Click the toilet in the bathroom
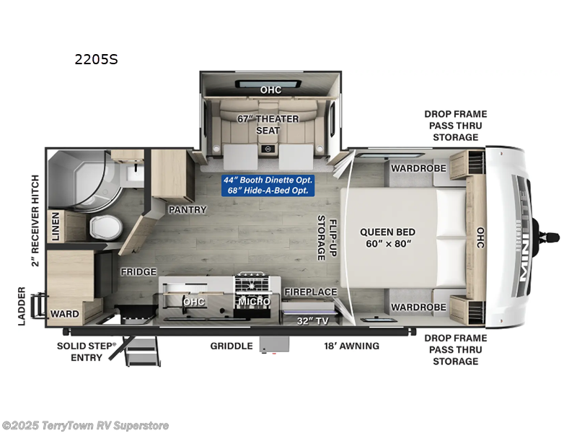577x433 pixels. click(x=103, y=227)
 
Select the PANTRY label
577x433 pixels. click(x=188, y=210)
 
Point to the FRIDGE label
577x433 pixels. click(x=139, y=272)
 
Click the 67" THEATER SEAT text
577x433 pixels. click(x=268, y=124)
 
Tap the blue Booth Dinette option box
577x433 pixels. click(x=270, y=184)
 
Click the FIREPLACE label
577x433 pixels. click(x=310, y=292)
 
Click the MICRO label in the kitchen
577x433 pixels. click(x=253, y=301)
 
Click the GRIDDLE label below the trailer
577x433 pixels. click(x=231, y=346)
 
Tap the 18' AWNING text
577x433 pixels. click(x=351, y=346)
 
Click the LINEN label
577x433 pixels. click(x=54, y=226)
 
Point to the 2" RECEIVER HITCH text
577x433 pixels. click(x=35, y=219)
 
